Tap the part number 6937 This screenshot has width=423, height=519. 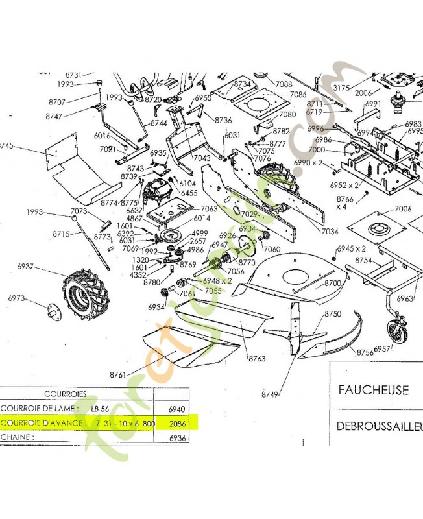pos(28,267)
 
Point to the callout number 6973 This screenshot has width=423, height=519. pos(18,298)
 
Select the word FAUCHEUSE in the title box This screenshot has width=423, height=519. pos(372,390)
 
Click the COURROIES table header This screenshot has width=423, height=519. pos(66,394)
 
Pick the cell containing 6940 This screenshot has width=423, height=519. pos(176,409)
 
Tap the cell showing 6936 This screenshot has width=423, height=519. pos(176,438)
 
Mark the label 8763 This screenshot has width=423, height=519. pos(256,357)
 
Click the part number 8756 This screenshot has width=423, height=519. pos(365,352)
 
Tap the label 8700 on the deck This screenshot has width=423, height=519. pos(333,283)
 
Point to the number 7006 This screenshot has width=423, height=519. pos(403,208)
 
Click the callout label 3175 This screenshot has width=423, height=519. pos(341,88)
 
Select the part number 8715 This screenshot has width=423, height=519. pos(62,234)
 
